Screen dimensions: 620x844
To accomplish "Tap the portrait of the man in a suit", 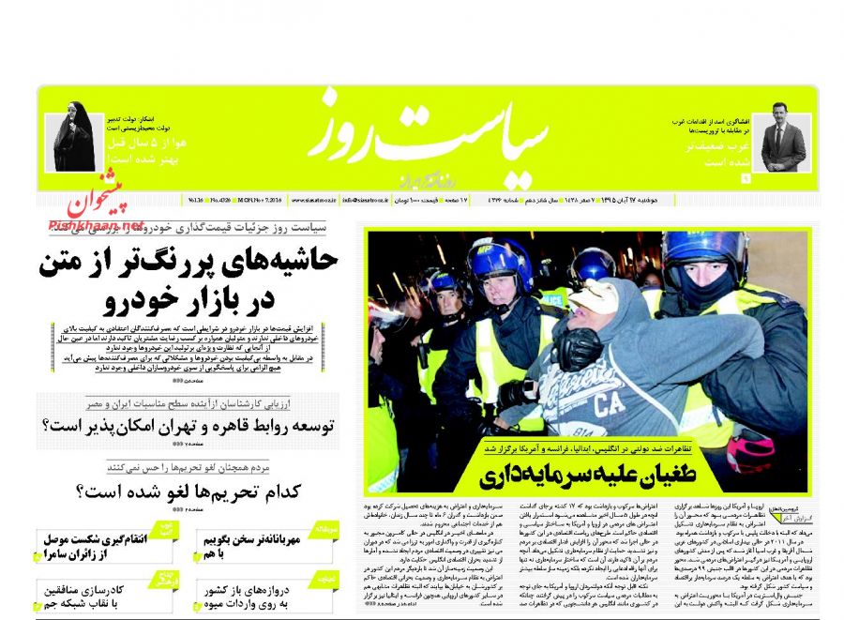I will coord(782,141).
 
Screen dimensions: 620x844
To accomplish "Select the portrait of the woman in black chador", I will coord(70,142).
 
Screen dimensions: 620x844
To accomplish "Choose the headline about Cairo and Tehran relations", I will coord(188,426).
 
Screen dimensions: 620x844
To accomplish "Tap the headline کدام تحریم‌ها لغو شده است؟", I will coord(188,490).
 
